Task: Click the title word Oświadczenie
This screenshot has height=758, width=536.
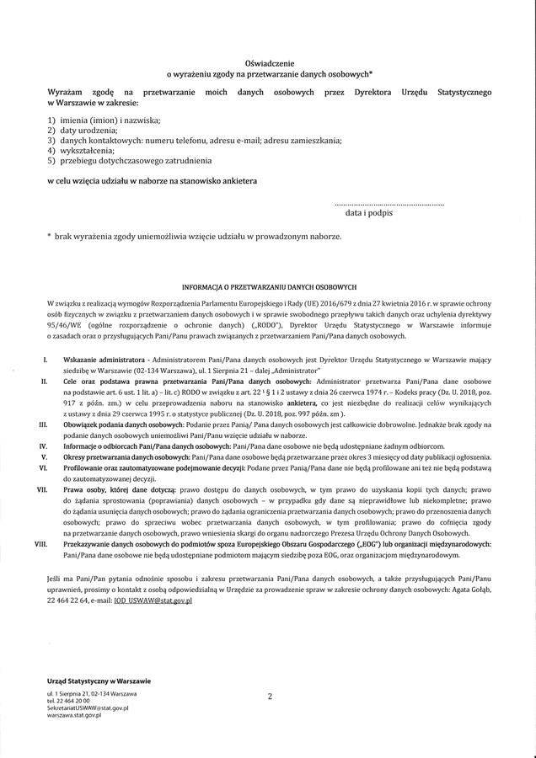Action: click(x=267, y=63)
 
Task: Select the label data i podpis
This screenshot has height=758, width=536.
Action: click(x=368, y=214)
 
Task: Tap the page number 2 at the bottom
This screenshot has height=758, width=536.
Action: click(x=270, y=697)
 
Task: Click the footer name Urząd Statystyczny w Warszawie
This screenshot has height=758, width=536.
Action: click(x=99, y=680)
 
